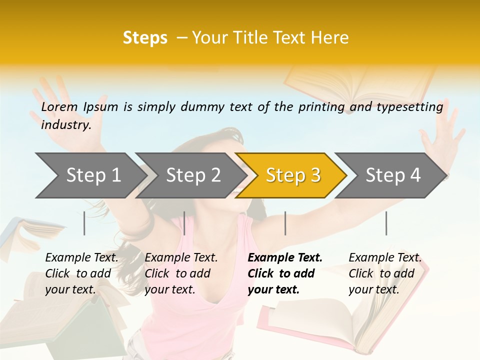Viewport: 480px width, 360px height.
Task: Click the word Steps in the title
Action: (145, 38)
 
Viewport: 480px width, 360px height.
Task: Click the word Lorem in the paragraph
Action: (59, 107)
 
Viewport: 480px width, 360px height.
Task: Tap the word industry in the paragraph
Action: (66, 125)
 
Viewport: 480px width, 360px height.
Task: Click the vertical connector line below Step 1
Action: (84, 223)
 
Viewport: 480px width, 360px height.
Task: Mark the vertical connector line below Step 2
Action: (184, 223)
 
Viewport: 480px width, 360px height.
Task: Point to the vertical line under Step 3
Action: (285, 223)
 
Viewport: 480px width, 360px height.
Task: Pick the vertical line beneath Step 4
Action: (386, 223)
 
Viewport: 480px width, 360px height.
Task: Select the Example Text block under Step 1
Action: (81, 273)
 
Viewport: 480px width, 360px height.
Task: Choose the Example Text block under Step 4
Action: (385, 273)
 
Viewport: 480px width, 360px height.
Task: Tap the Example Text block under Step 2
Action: (181, 273)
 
